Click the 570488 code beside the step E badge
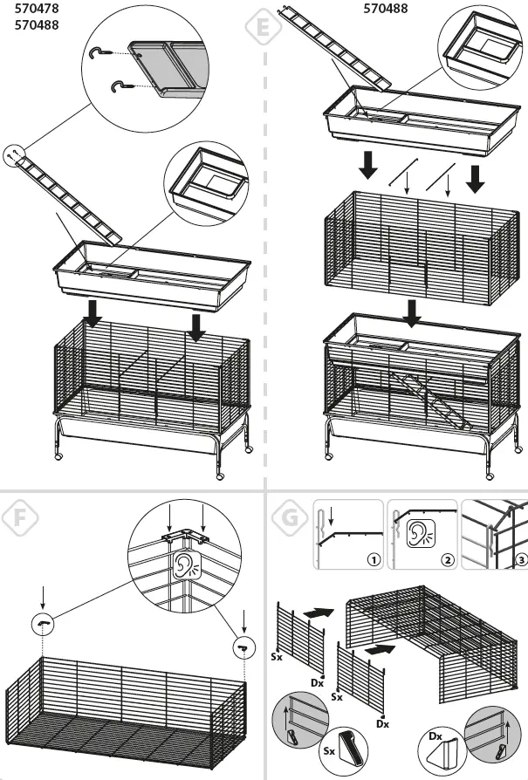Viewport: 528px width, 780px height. (x=386, y=10)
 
